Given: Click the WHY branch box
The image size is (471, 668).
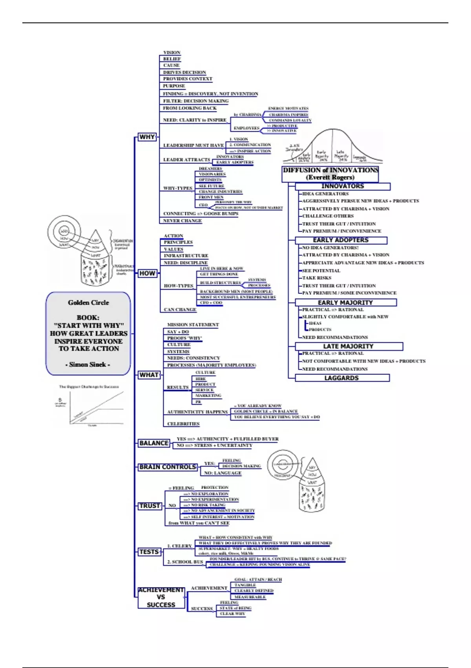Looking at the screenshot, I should click(x=147, y=137).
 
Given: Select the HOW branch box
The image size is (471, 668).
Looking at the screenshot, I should click(x=148, y=273).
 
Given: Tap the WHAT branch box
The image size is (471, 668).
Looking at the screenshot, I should click(x=149, y=375).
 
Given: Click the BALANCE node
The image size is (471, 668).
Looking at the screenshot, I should click(x=154, y=443).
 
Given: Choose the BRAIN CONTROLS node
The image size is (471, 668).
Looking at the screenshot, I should click(x=168, y=467).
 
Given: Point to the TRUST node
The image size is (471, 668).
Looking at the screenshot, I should click(x=150, y=506).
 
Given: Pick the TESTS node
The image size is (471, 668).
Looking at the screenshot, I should click(x=149, y=552).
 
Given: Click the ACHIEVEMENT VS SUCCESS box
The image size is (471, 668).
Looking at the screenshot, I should click(x=161, y=597).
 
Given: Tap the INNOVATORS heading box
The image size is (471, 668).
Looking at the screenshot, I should click(x=342, y=186).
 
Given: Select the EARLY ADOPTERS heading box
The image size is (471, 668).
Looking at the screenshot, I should click(x=341, y=240).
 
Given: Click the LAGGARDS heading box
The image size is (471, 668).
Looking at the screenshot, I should click(x=341, y=378).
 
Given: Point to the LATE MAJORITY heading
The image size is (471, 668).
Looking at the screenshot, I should click(x=349, y=346).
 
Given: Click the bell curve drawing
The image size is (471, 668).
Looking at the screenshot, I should click(x=333, y=147).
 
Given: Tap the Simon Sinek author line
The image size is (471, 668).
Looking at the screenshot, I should click(x=88, y=365).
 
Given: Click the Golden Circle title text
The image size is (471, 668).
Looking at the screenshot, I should click(x=88, y=303).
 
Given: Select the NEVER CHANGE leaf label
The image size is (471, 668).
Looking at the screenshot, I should click(x=183, y=221).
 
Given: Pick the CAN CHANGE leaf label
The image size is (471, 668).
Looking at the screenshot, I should click(x=180, y=310).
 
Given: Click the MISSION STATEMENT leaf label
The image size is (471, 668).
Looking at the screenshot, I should click(x=193, y=325).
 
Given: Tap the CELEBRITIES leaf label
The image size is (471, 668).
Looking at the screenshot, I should click(x=183, y=424).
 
